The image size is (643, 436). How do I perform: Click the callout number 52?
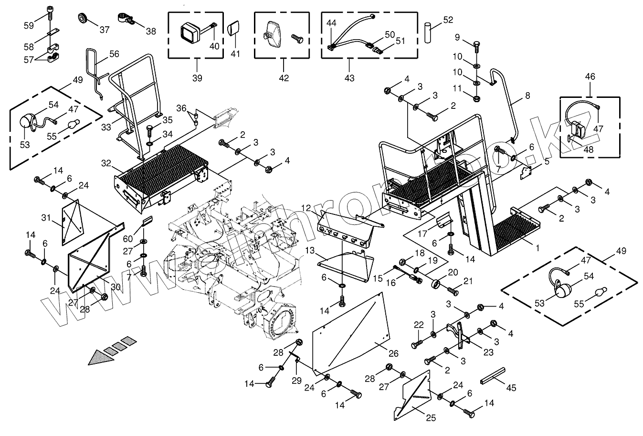tap(448, 20)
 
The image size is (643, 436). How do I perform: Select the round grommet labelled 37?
tap(83, 20)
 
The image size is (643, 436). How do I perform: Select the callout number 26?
tap(393, 354)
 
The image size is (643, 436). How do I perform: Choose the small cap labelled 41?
tap(234, 29)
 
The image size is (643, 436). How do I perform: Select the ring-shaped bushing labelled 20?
tap(435, 284)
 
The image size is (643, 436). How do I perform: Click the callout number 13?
tap(310, 251)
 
